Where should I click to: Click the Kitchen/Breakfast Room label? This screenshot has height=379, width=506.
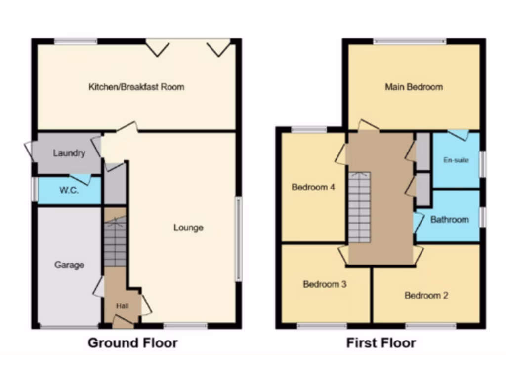click(136, 87)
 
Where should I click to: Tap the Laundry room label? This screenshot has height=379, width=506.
click(69, 153)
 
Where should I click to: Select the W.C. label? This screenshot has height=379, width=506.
click(69, 190)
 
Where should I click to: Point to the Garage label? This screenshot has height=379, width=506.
click(69, 265)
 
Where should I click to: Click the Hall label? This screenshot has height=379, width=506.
click(123, 306)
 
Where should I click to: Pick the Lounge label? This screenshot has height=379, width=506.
click(188, 227)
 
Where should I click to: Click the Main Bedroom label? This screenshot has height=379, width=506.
click(414, 87)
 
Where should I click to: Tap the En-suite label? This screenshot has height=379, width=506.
click(456, 160)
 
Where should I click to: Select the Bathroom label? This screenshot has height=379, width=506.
click(449, 219)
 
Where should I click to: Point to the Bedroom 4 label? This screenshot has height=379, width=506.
click(313, 188)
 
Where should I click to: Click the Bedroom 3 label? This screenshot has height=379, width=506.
click(325, 284)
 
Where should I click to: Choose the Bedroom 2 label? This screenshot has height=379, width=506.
click(426, 296)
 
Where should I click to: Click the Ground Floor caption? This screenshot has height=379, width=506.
click(132, 342)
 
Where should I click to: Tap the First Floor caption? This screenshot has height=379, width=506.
click(381, 342)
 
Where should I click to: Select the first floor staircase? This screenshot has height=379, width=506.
click(359, 207)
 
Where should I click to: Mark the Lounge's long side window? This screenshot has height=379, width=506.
click(238, 239)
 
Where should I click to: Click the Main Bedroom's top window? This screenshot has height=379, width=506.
click(410, 41)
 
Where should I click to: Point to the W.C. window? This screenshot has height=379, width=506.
click(35, 190)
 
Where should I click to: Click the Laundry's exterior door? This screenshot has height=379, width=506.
click(28, 150)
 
